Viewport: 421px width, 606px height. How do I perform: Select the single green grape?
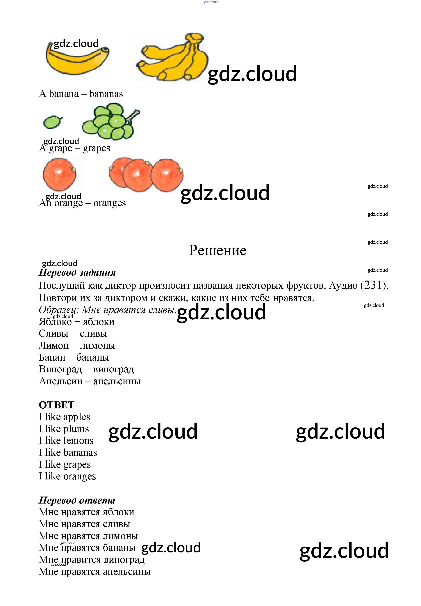coord(53,122)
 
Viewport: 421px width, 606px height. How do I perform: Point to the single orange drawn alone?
coord(59,174)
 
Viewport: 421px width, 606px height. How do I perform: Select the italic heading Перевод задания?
coord(77,272)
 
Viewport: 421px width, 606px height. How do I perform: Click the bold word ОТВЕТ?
coord(57,405)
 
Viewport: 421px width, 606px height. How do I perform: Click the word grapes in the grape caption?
coord(97,148)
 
